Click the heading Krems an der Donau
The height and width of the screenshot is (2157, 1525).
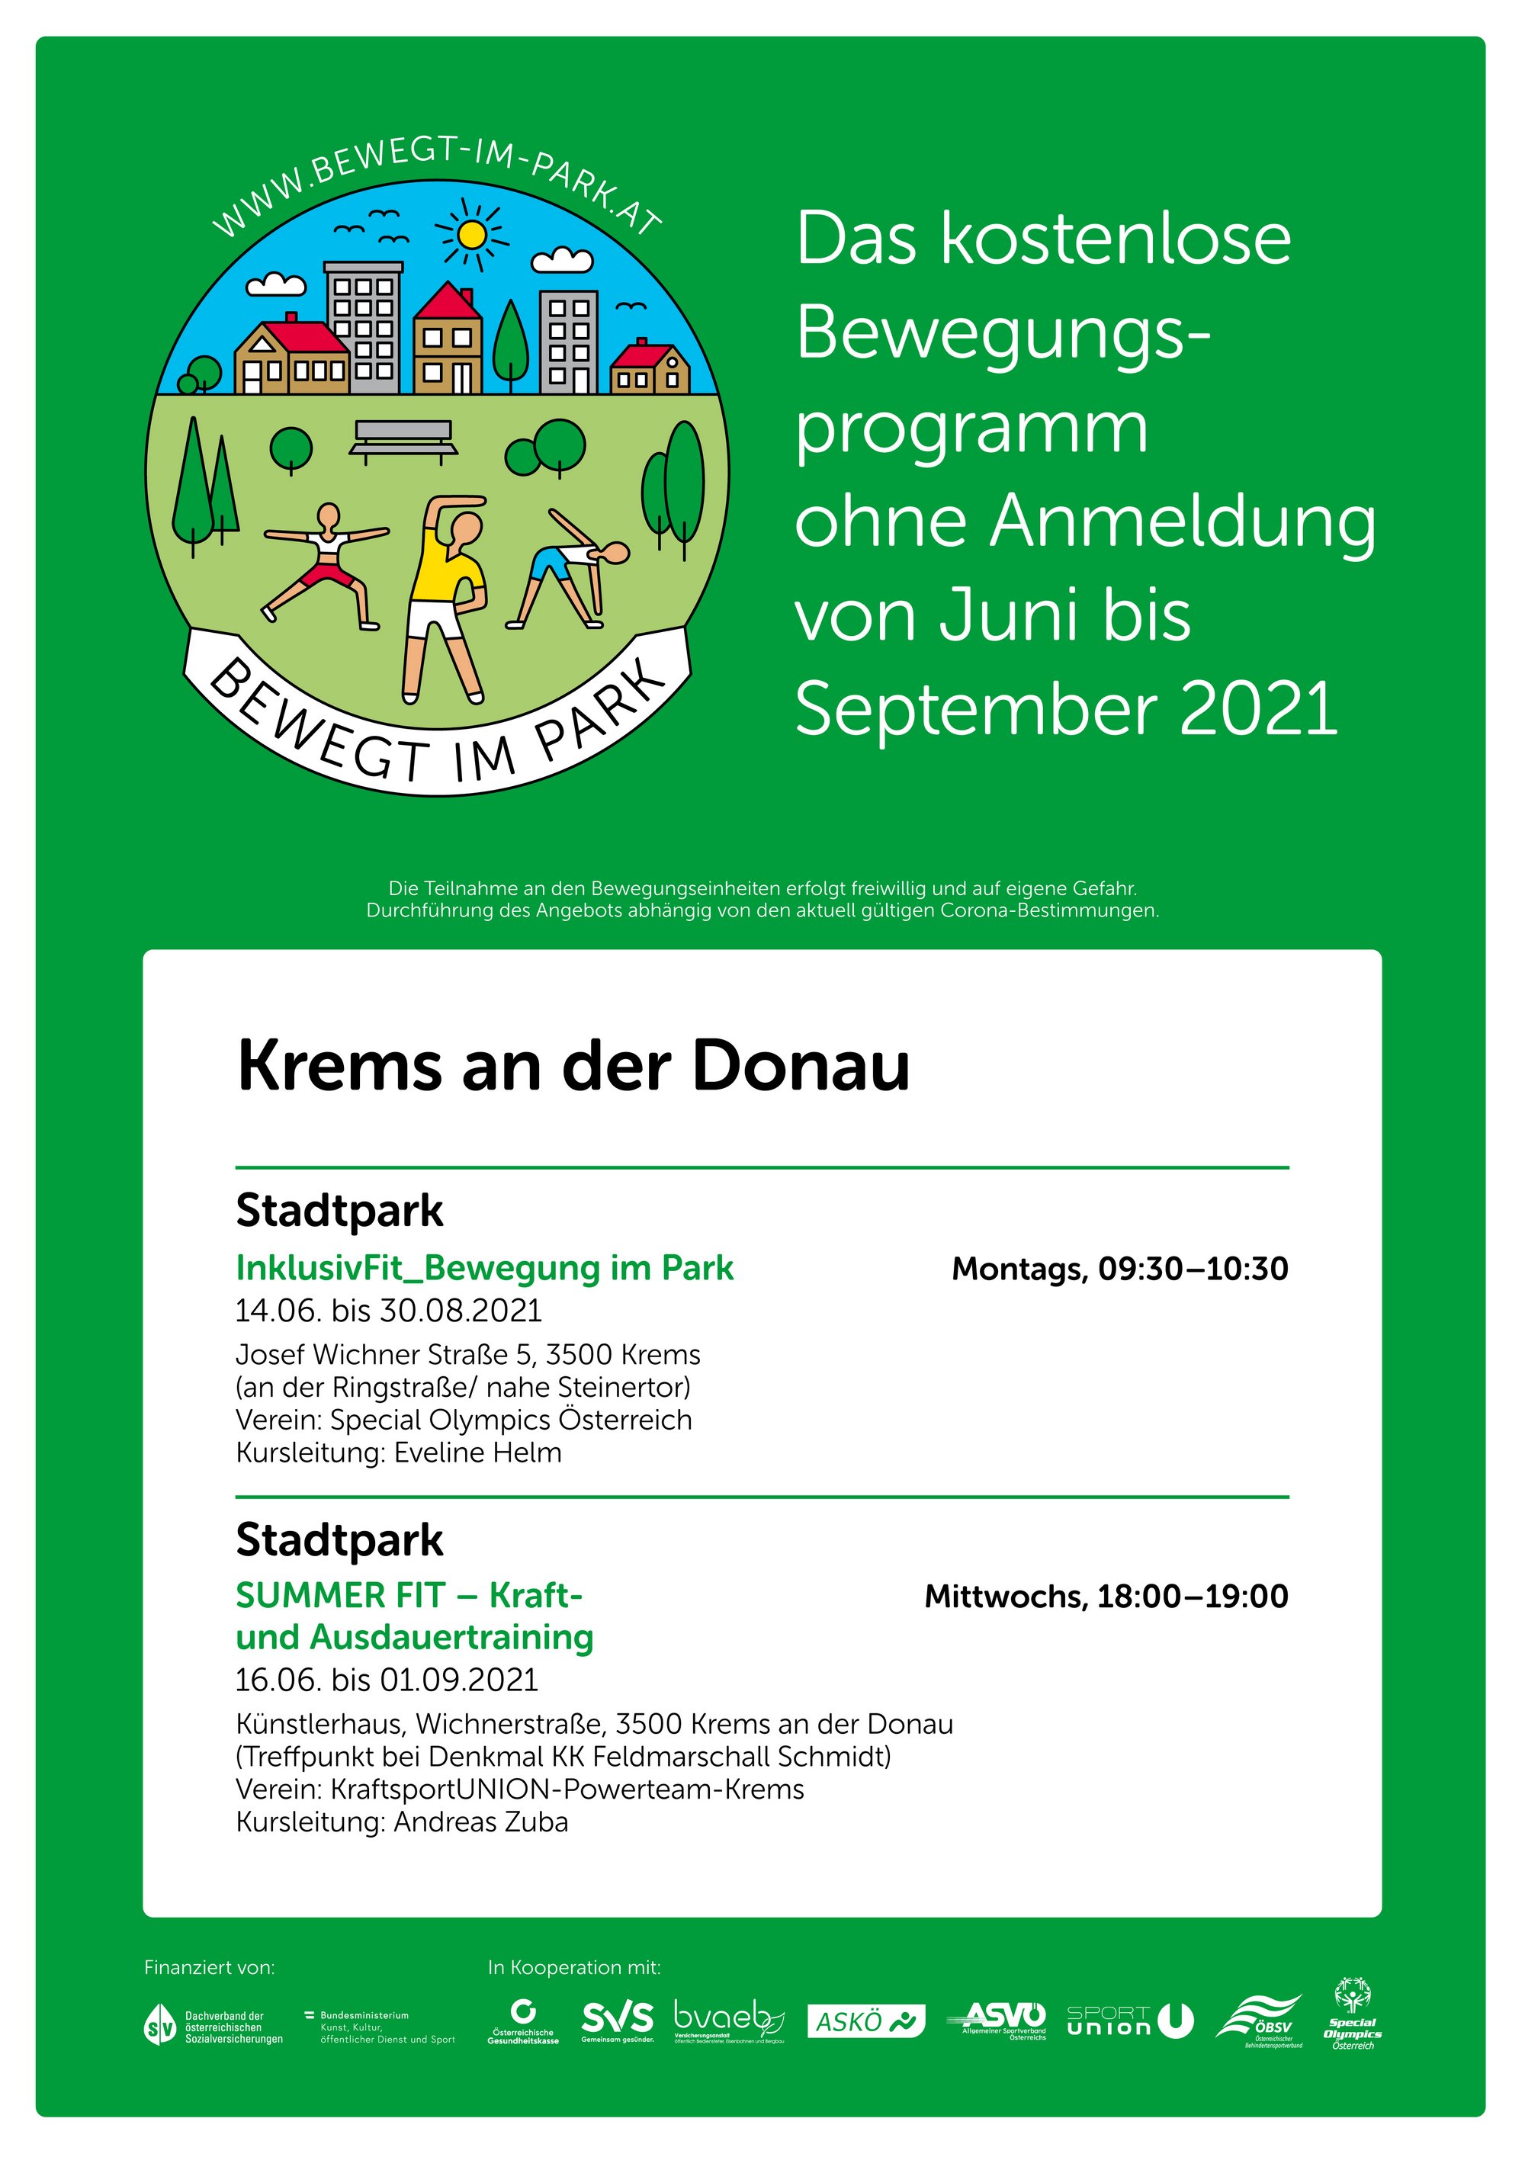click(x=573, y=1066)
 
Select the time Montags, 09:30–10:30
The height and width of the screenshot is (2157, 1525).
click(x=1119, y=1269)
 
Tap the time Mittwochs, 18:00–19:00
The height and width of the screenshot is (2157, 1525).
click(x=1106, y=1596)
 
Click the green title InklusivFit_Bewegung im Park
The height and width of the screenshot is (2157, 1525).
click(x=484, y=1268)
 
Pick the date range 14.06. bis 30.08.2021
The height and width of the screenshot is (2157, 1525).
click(x=388, y=1311)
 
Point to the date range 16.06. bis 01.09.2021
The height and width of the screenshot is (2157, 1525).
click(x=386, y=1680)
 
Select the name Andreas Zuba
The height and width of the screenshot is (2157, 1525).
click(x=480, y=1822)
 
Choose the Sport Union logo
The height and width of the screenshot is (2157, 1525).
click(x=1128, y=2020)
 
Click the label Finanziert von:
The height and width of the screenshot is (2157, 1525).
click(x=210, y=1967)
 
